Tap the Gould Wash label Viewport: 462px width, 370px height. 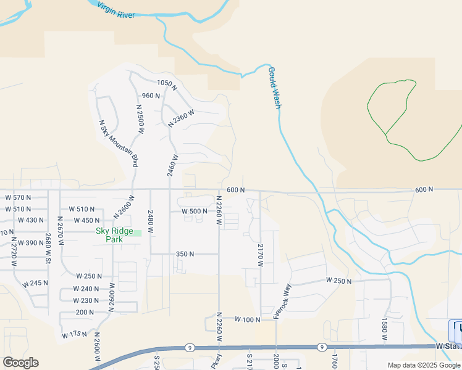pyautogui.click(x=275, y=88)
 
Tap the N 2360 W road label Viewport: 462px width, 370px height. pyautogui.click(x=181, y=118)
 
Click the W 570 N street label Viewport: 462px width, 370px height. pyautogui.click(x=18, y=197)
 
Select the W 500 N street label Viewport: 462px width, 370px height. pyautogui.click(x=194, y=212)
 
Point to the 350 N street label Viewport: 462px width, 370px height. pyautogui.click(x=185, y=254)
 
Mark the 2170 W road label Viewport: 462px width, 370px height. pyautogui.click(x=261, y=254)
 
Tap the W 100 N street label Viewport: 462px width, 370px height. pyautogui.click(x=248, y=319)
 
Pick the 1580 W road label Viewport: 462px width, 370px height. pyautogui.click(x=384, y=329)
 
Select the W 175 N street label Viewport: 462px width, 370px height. pyautogui.click(x=75, y=335)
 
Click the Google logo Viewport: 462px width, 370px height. pyautogui.click(x=20, y=363)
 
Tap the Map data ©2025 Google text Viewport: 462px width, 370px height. pyautogui.click(x=424, y=365)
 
